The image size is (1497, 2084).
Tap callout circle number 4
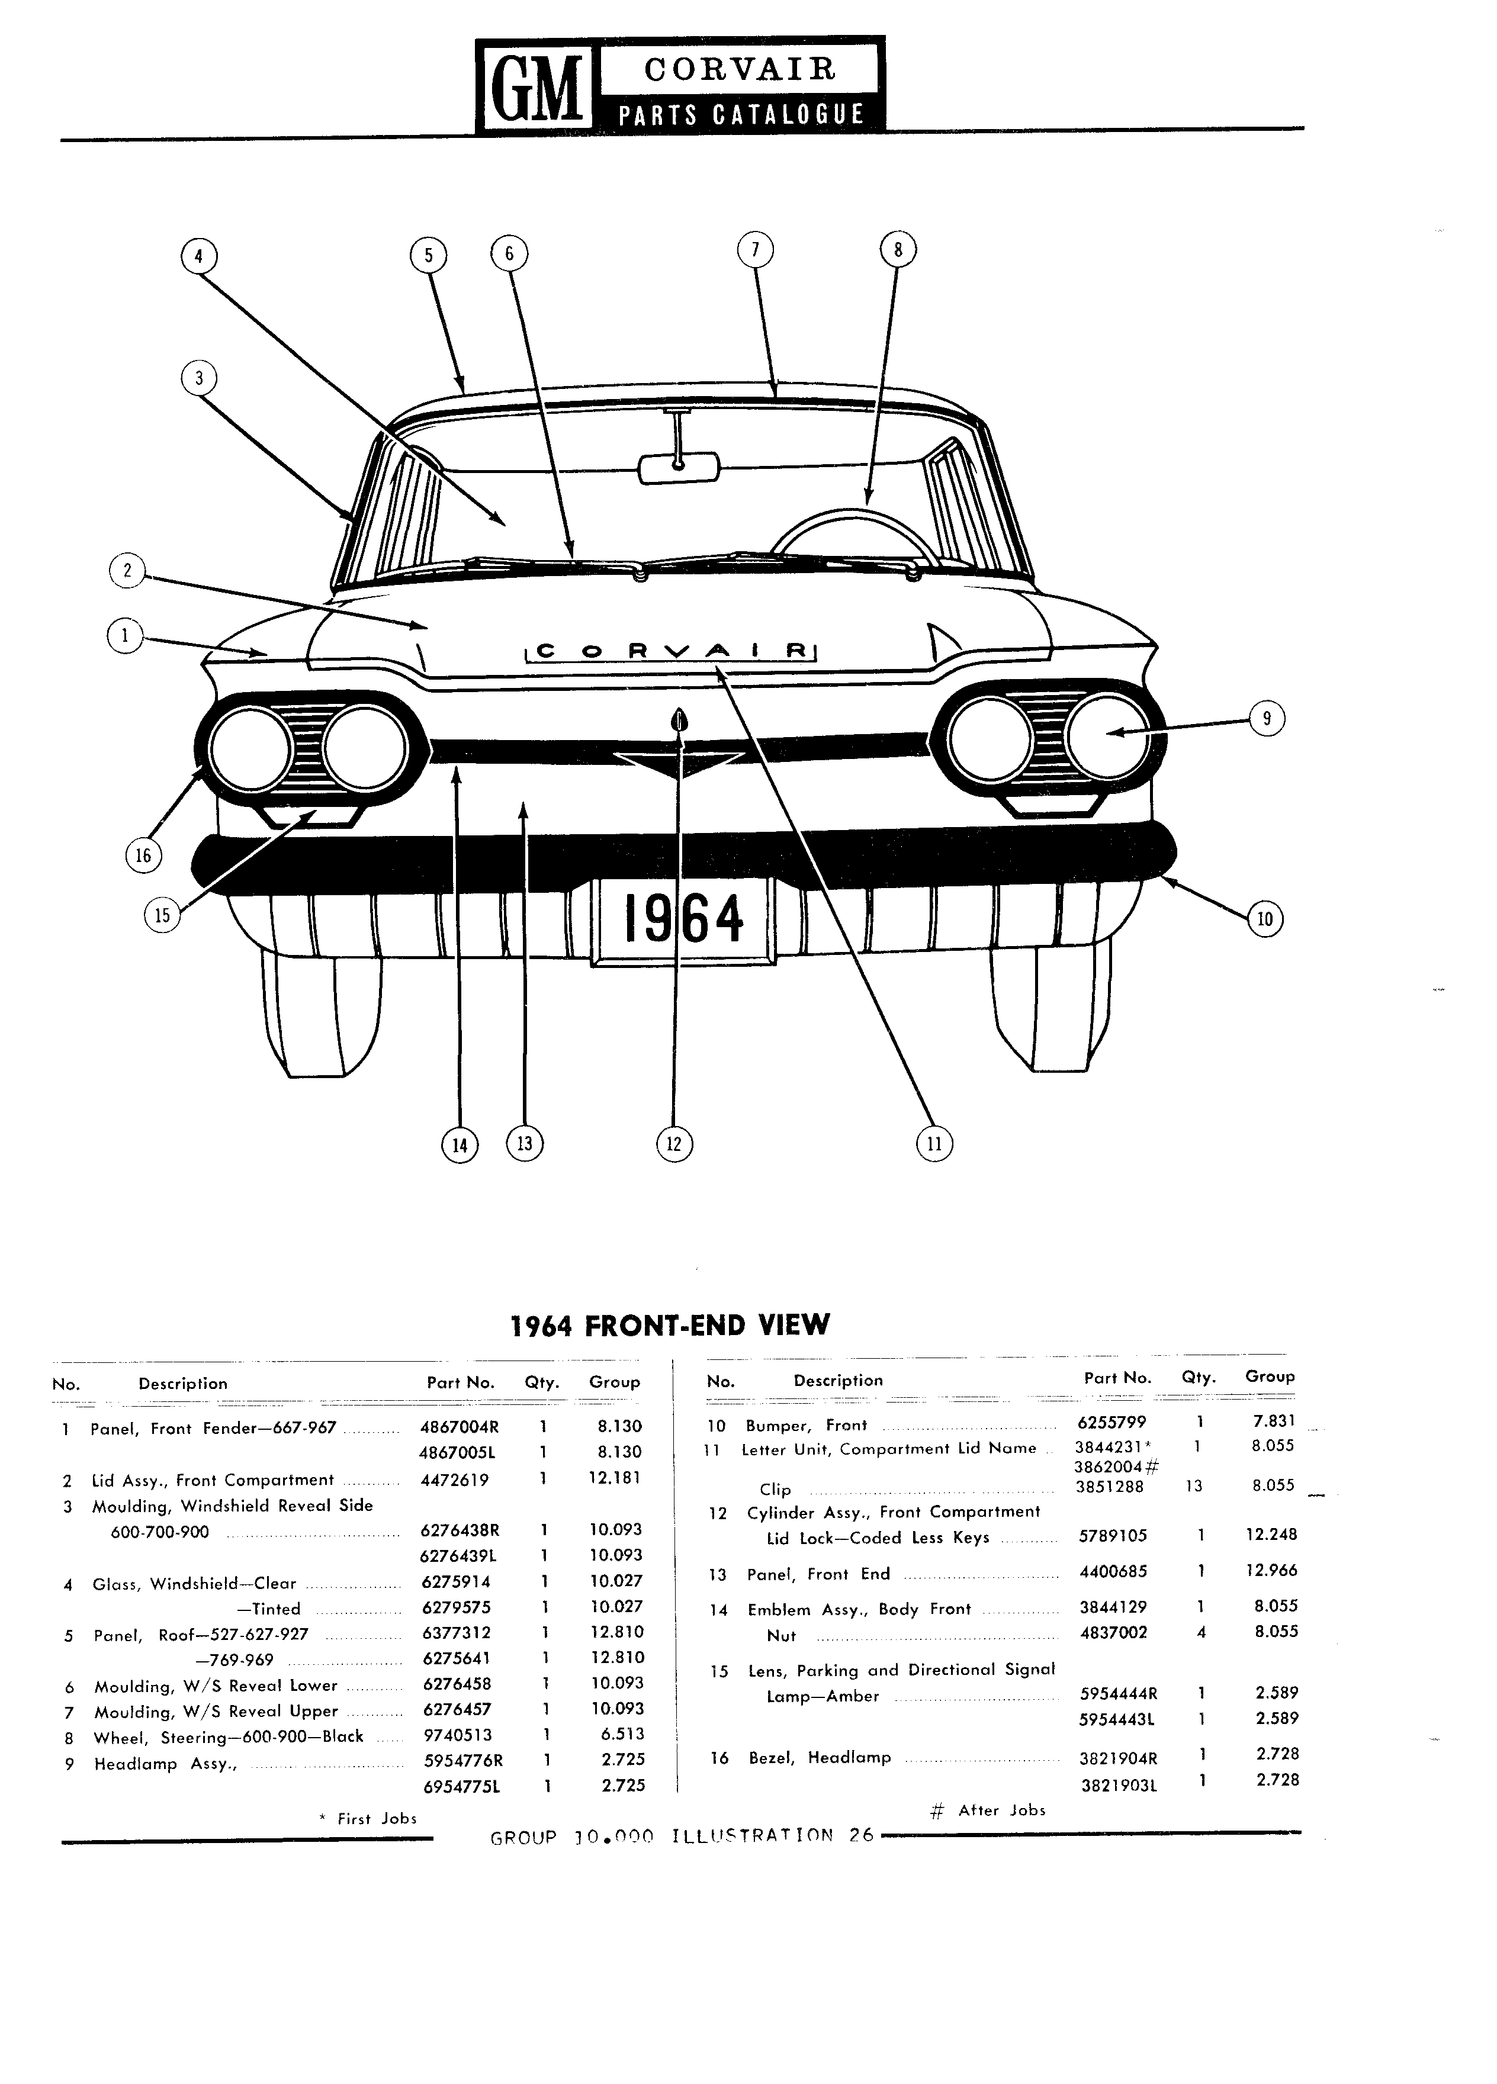click(x=198, y=256)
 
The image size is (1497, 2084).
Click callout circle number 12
click(x=674, y=1143)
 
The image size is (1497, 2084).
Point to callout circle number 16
click(x=143, y=856)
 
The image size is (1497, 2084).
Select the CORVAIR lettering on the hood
click(x=671, y=651)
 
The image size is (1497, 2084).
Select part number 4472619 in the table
click(x=455, y=1480)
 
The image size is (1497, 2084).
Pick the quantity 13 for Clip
click(x=1194, y=1486)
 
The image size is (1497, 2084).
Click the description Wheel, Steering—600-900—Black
click(x=229, y=1736)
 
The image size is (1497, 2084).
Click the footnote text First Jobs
click(x=377, y=1818)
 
